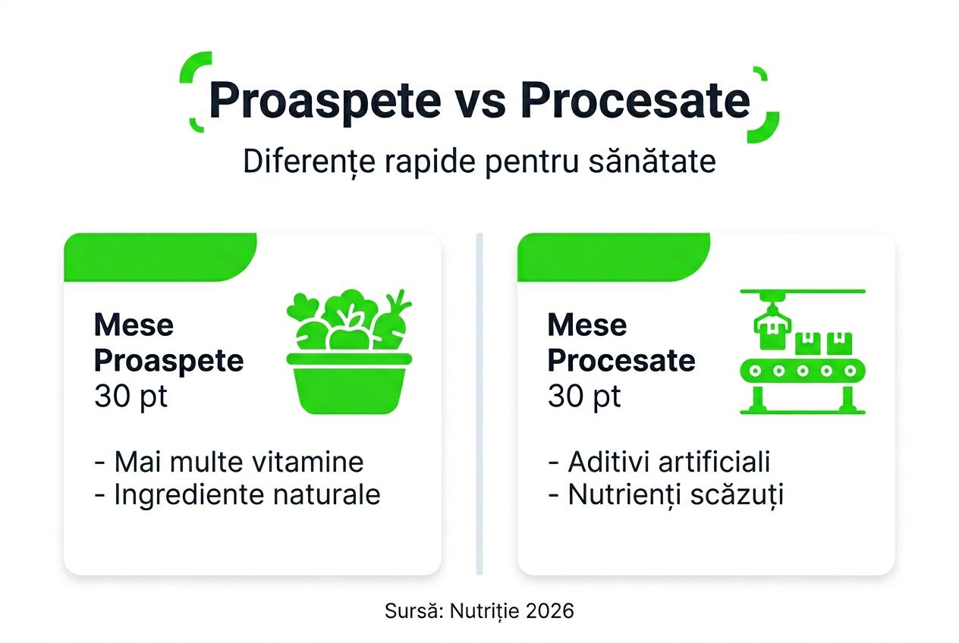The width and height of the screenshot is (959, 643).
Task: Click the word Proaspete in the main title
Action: pos(324,101)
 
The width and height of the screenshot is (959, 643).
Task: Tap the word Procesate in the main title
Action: pos(635,101)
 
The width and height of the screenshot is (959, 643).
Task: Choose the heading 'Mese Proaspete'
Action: pos(168,343)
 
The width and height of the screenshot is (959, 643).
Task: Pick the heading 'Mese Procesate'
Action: pos(621,343)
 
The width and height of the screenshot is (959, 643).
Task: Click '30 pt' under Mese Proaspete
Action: pos(131,397)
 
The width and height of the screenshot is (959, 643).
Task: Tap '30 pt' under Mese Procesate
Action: pos(584,397)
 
